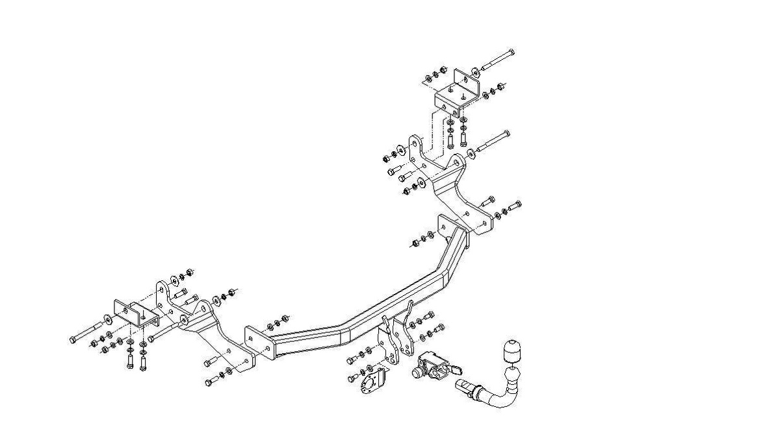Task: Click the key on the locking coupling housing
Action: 456,371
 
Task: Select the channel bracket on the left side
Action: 136,314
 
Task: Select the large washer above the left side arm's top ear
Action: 174,280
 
